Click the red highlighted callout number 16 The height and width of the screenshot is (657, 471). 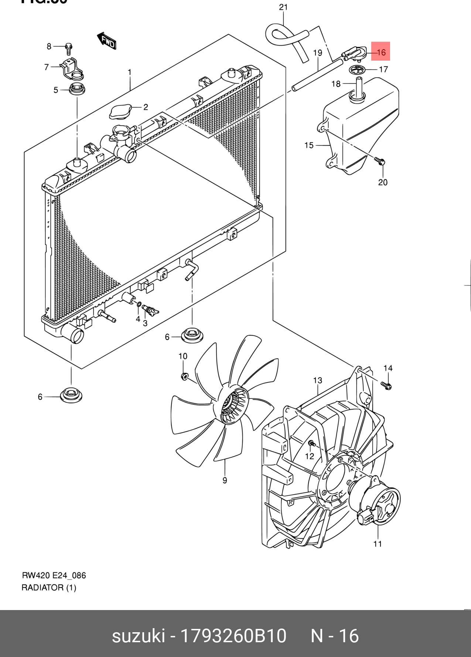coord(381,52)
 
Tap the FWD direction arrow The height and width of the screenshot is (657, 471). coord(107,40)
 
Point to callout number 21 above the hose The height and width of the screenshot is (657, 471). coord(283,7)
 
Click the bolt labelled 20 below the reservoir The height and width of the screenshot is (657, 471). coord(379,161)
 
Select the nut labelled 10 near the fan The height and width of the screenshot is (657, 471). coord(184,376)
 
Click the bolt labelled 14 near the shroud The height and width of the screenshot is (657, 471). coord(386,386)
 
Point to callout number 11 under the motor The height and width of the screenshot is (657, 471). coord(377,543)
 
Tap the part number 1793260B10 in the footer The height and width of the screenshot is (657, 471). coord(233,636)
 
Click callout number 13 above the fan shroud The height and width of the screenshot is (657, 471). coord(318,380)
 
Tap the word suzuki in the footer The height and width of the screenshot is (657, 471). coord(138,636)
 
